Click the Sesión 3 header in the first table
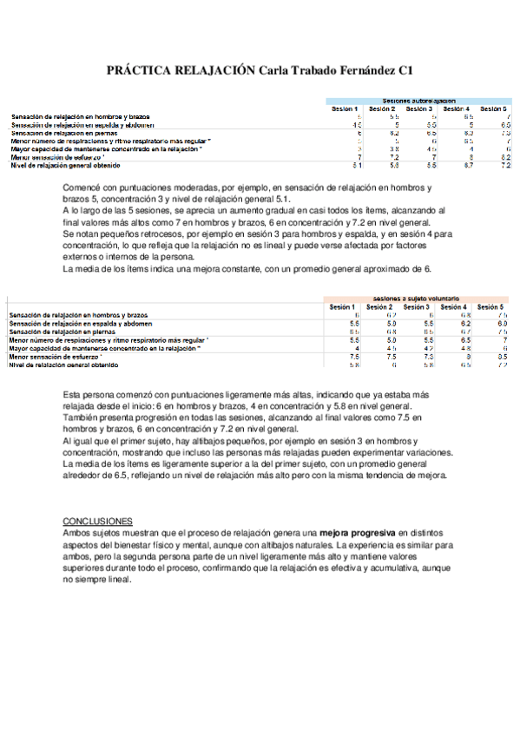pyautogui.click(x=419, y=108)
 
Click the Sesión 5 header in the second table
pyautogui.click(x=490, y=307)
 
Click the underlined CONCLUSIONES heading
pyautogui.click(x=97, y=520)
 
